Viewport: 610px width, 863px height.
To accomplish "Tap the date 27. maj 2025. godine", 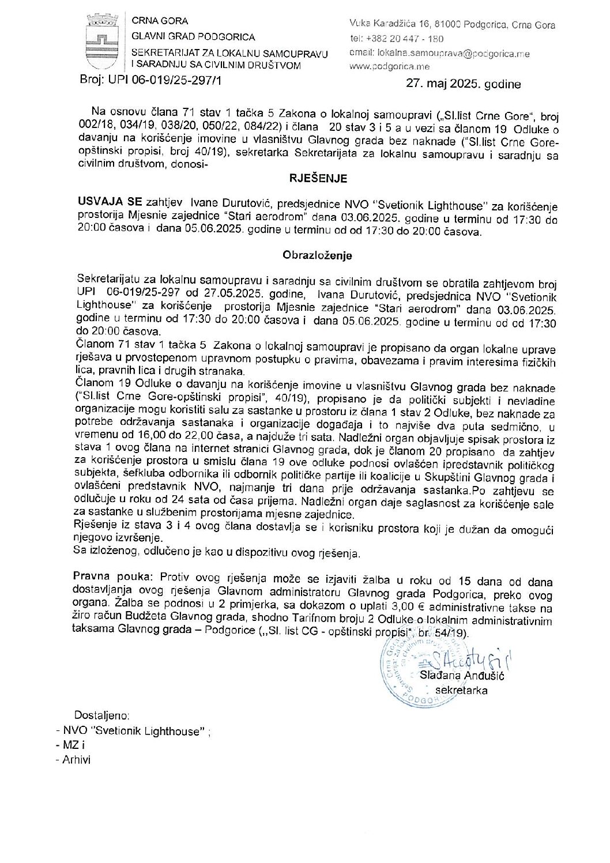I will [x=463, y=84].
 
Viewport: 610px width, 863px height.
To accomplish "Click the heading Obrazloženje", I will [x=317, y=254].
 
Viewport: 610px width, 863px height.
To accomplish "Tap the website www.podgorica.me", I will [x=385, y=67].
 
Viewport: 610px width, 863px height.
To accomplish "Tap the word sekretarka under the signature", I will [x=461, y=690].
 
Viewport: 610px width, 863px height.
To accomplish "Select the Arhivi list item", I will [x=73, y=759].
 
